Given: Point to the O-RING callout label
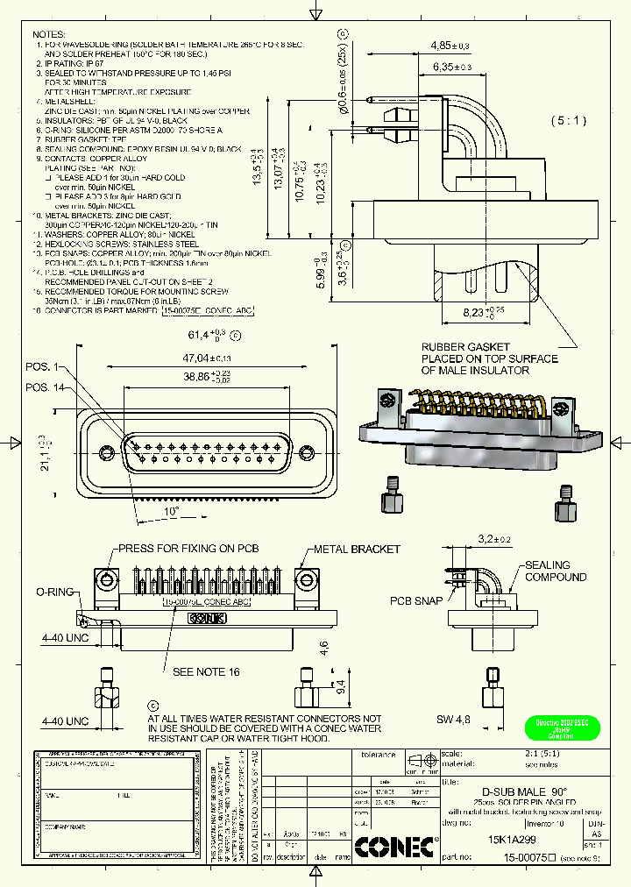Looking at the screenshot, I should (x=53, y=592).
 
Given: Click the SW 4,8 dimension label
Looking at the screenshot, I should (x=454, y=720).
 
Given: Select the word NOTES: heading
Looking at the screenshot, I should (x=50, y=32).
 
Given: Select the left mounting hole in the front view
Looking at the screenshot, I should (x=105, y=452).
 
